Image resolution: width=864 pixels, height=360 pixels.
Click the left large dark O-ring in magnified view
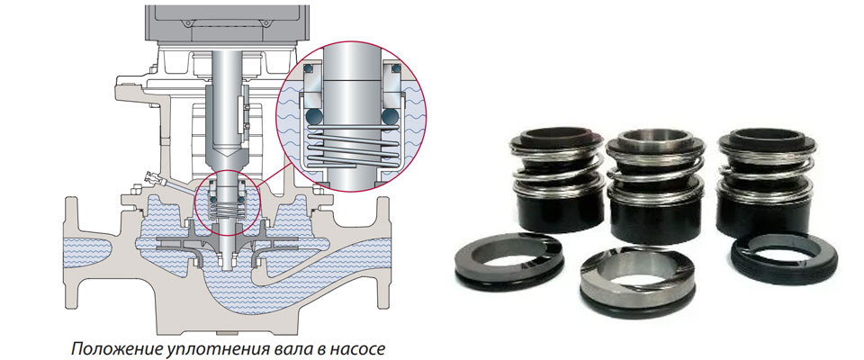(x=315, y=117)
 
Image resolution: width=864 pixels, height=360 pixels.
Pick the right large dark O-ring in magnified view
(x=390, y=117)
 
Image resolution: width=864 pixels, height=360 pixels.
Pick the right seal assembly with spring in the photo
(x=766, y=180)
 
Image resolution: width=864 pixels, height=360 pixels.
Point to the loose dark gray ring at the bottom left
(x=508, y=262)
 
